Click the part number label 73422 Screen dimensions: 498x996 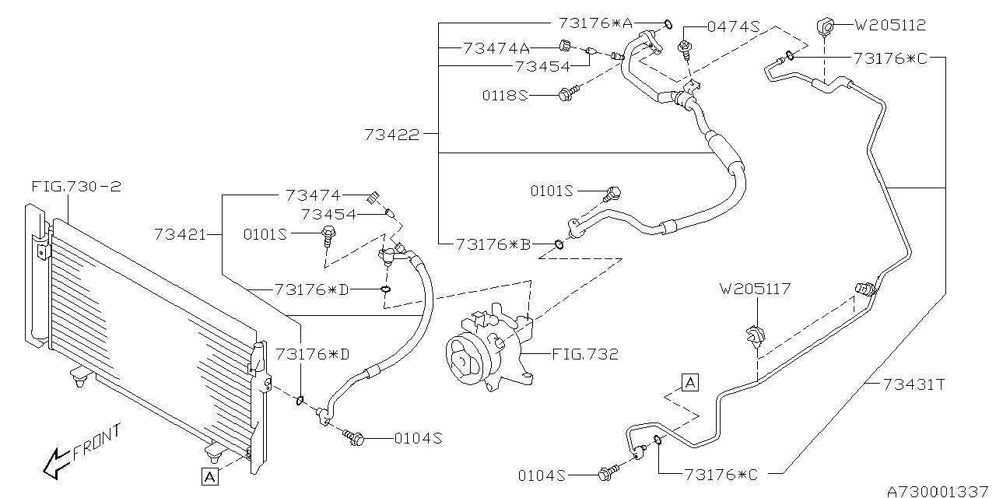391,135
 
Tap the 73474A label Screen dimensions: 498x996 495,48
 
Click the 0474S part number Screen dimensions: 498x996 732,26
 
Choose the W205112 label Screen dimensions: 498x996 890,25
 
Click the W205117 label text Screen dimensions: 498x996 755,289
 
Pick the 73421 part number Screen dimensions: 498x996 180,233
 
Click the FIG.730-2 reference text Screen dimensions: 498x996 76,187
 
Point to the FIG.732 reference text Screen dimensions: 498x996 585,355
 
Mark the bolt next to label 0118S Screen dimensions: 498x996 566,95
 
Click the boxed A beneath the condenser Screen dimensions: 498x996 210,476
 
